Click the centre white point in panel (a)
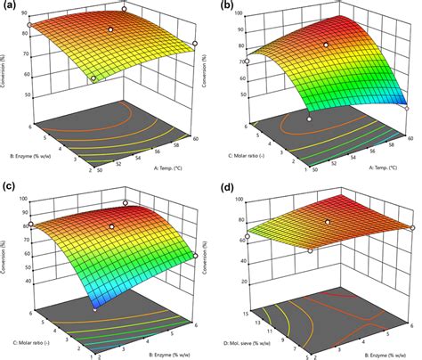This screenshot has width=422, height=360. (x=110, y=29)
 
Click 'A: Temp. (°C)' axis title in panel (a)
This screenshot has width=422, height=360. (x=160, y=166)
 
